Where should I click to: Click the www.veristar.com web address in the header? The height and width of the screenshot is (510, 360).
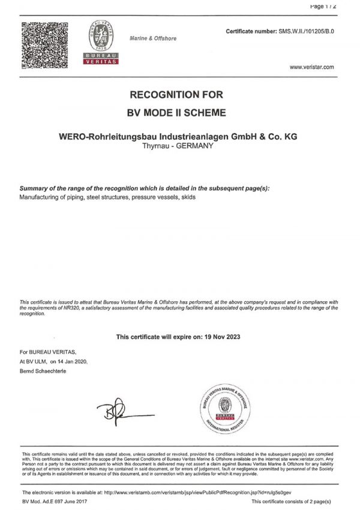click(311, 67)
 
